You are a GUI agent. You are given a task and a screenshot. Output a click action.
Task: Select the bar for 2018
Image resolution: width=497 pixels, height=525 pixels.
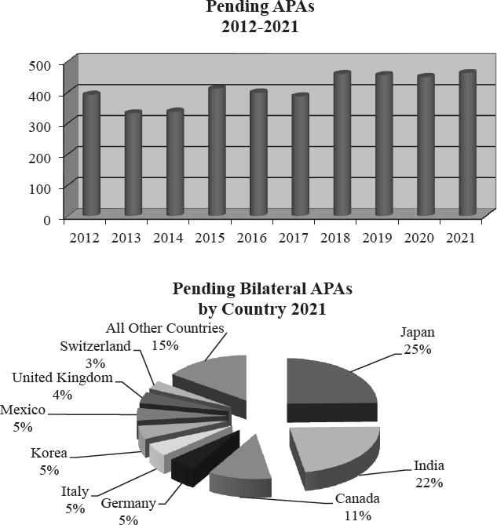pyautogui.click(x=340, y=144)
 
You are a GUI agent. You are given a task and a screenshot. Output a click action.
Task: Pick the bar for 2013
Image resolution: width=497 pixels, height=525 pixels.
pyautogui.click(x=133, y=164)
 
